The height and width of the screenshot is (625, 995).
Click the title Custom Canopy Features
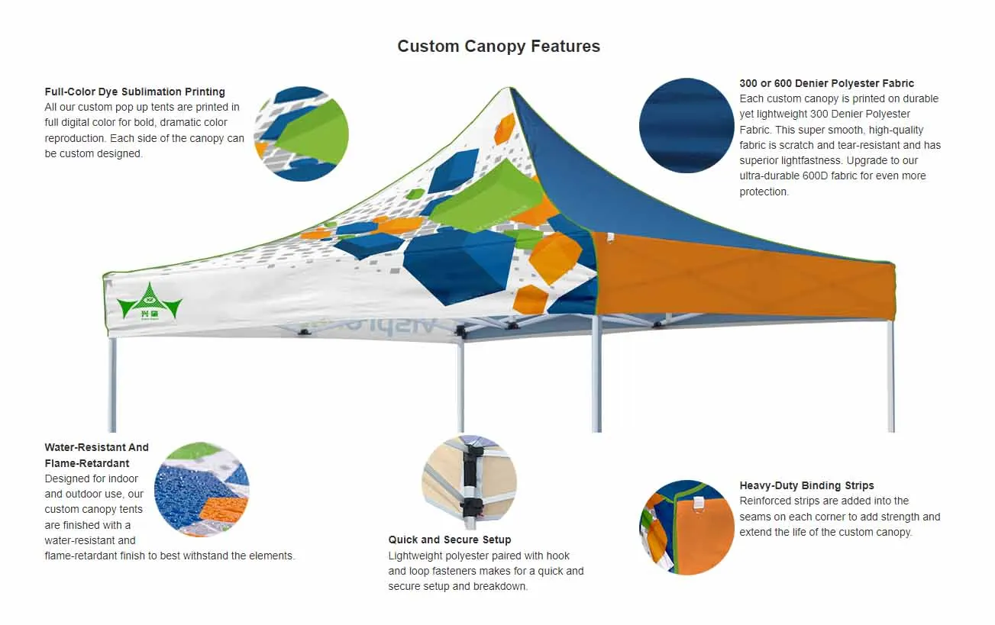[x=499, y=47]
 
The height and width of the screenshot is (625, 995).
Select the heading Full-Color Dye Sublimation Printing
[x=134, y=92]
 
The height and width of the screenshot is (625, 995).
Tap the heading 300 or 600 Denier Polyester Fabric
[x=826, y=83]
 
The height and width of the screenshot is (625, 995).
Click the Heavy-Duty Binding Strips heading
[x=806, y=485]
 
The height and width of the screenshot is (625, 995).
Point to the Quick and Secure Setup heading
[x=449, y=540]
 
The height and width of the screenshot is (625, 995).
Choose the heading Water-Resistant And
[x=96, y=447]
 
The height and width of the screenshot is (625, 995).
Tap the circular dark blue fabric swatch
[x=686, y=125]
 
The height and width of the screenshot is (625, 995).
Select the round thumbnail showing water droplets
[x=202, y=489]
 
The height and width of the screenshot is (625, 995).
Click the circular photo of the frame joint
[x=469, y=482]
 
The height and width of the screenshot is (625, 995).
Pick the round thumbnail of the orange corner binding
[x=686, y=527]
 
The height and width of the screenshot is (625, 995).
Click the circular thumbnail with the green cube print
[x=301, y=134]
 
